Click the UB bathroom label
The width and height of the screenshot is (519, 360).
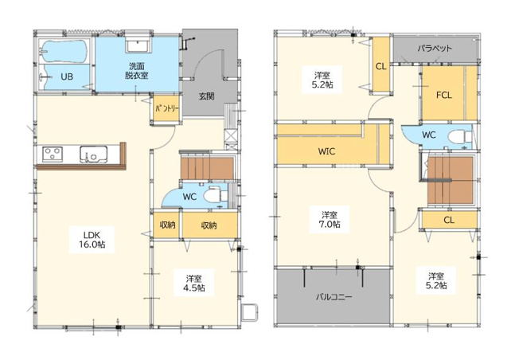click(67, 76)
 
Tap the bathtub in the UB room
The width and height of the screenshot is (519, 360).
click(64, 51)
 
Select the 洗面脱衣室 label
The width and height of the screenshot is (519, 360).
click(136, 71)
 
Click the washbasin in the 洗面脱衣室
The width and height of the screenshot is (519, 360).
click(139, 45)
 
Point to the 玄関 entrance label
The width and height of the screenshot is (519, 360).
click(206, 96)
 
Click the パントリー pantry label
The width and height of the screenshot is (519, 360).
click(167, 108)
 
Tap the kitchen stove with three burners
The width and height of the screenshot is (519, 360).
click(53, 154)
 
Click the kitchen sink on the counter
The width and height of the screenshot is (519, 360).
click(93, 155)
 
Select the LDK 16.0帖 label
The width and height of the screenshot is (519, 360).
click(92, 240)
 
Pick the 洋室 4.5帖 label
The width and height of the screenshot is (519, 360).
click(194, 283)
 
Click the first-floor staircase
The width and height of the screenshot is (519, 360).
click(207, 169)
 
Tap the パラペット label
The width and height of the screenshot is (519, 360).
click(435, 49)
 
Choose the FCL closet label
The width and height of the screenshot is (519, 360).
click(444, 96)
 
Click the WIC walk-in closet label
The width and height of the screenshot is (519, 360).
click(326, 151)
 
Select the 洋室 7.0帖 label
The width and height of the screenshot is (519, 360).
click(329, 220)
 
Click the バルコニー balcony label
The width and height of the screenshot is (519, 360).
click(334, 297)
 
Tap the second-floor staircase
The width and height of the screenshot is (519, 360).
click(451, 180)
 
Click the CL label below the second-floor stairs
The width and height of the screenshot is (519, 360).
click(449, 220)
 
